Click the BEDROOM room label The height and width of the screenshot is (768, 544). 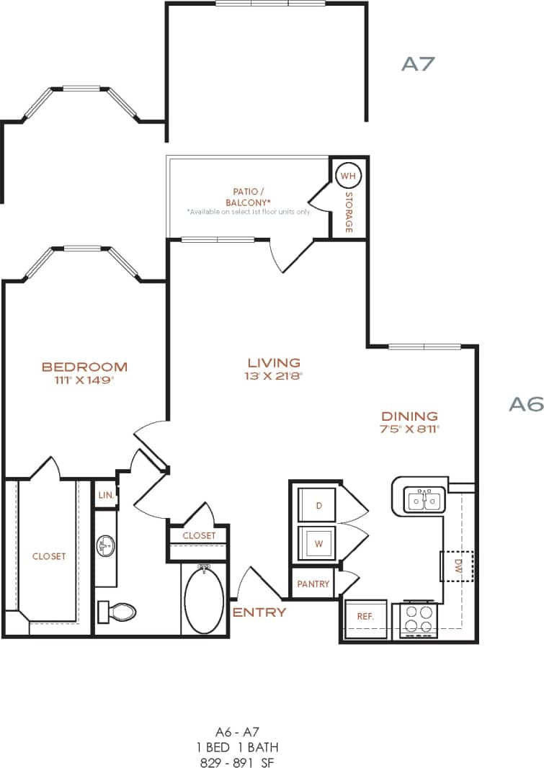[x=84, y=367]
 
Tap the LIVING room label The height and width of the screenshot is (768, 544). [x=273, y=362]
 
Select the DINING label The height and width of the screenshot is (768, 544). [x=409, y=416]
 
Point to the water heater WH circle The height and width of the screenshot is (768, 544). [x=348, y=176]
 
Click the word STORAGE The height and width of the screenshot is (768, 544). [x=349, y=212]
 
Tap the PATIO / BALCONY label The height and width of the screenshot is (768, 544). [x=247, y=197]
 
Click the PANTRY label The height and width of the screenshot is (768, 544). [x=313, y=584]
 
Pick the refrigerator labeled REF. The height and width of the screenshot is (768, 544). [x=365, y=617]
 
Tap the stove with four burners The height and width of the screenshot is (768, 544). [x=419, y=619]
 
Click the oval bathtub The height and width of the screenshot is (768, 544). [x=204, y=598]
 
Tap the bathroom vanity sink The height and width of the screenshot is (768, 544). [x=105, y=545]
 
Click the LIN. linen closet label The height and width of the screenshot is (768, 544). [x=104, y=496]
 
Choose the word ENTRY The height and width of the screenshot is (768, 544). [x=259, y=612]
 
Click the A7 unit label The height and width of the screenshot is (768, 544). [x=419, y=63]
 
